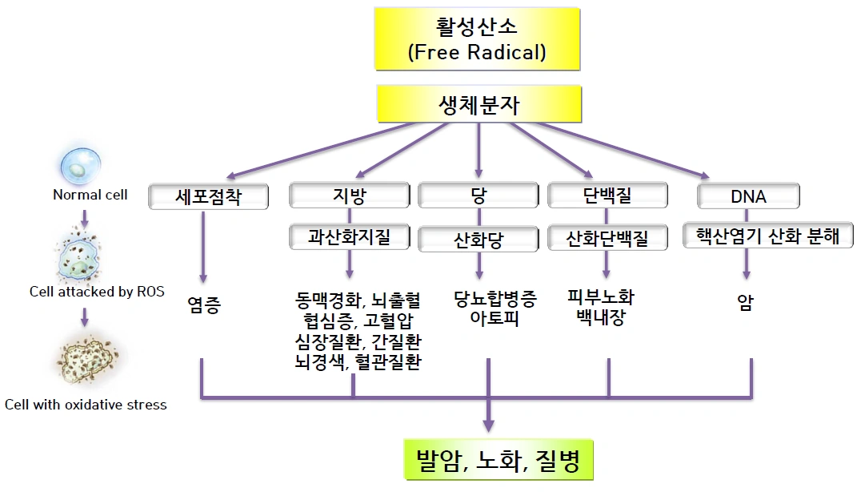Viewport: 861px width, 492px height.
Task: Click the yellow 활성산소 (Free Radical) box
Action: coord(477,38)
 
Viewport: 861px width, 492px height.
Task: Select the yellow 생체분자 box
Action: coord(479,105)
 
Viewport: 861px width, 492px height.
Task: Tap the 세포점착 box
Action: coord(208,196)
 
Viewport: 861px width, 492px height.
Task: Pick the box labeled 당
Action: coord(479,195)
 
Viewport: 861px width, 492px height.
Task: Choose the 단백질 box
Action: coord(607,195)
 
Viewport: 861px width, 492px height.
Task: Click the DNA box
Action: coord(748,196)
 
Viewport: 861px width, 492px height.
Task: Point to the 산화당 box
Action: coord(479,239)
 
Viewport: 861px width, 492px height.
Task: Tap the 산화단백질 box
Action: coord(607,238)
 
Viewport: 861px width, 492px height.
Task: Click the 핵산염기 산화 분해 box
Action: coord(767,236)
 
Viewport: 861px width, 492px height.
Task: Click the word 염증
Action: coord(203,304)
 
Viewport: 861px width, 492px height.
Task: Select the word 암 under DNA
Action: coord(746,303)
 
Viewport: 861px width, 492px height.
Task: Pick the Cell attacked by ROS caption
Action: coord(97,292)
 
